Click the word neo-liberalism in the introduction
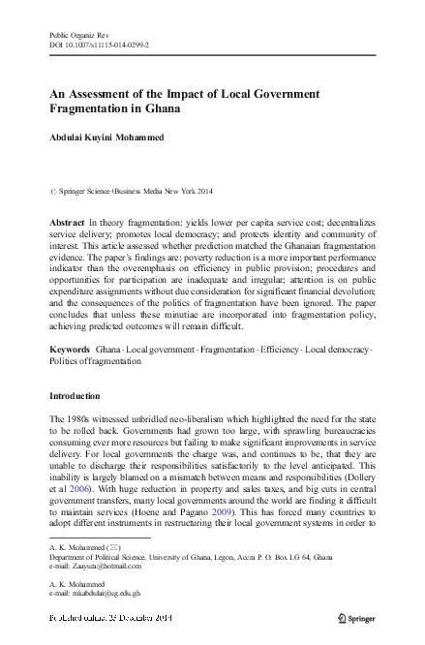(x=203, y=416)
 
